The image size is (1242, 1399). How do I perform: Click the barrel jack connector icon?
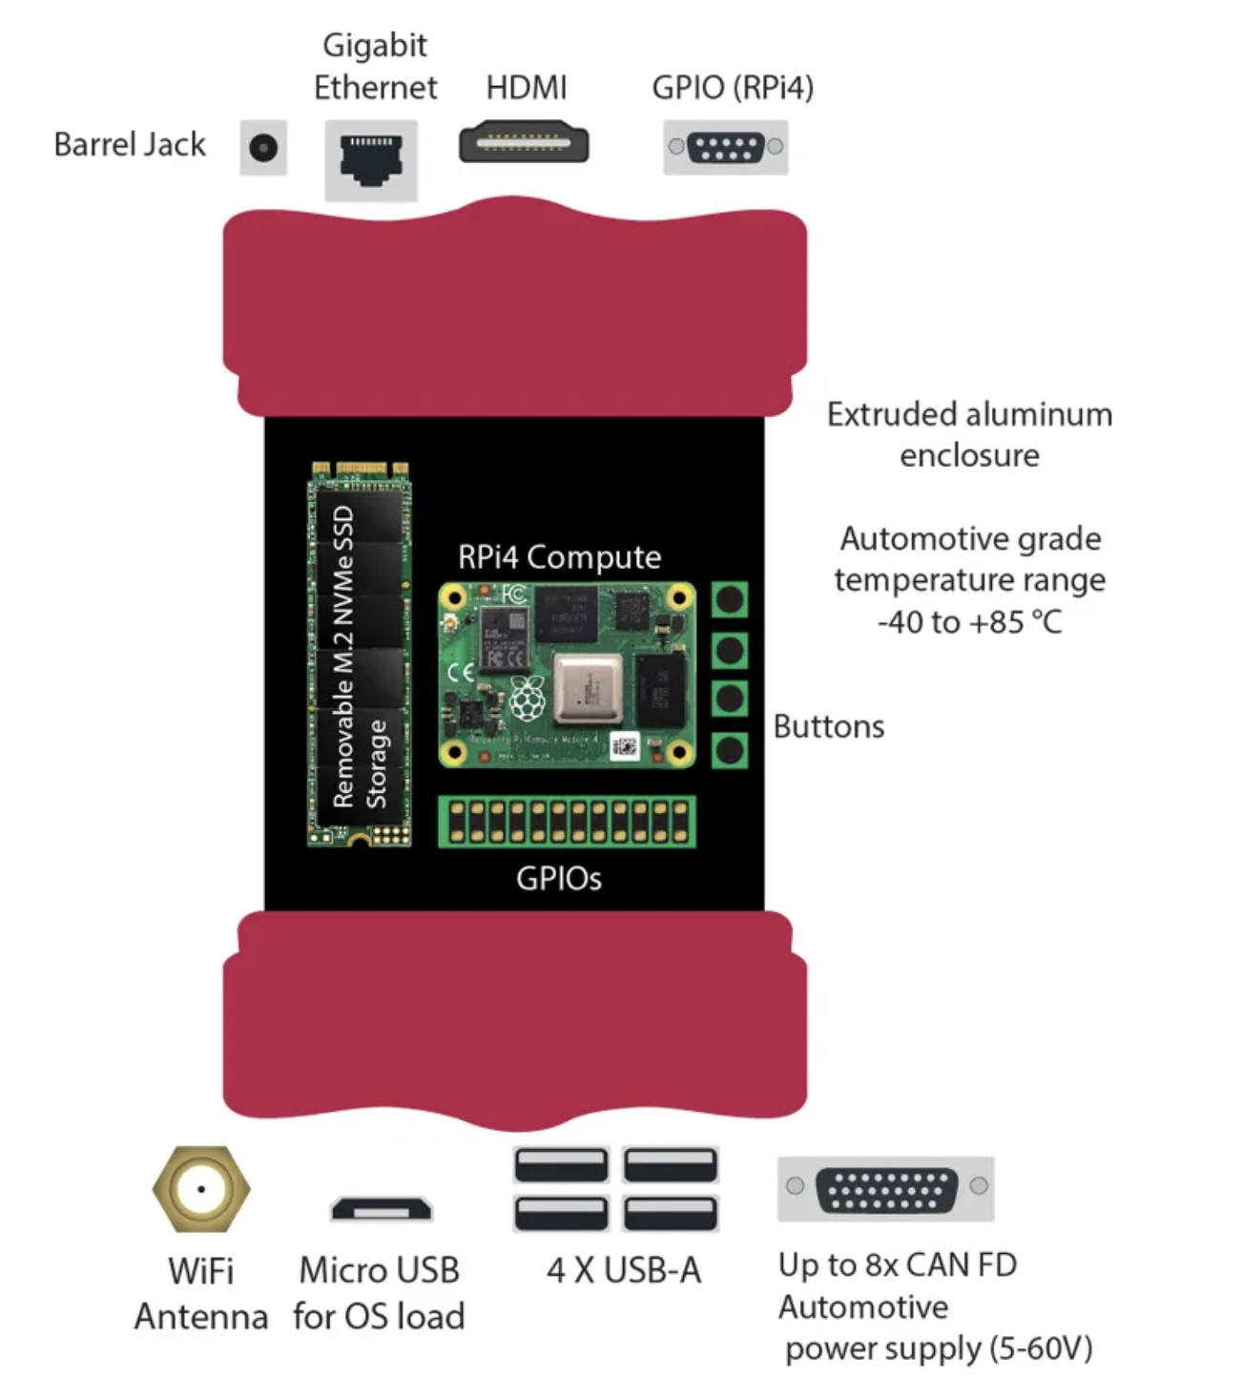pos(263,148)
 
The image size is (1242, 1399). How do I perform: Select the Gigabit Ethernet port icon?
pos(371,158)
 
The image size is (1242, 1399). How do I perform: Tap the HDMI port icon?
pos(524,143)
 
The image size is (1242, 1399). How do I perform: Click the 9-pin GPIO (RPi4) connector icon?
pos(726,147)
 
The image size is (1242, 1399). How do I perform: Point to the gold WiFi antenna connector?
pos(201,1189)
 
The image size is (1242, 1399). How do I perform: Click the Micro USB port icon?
pos(381,1208)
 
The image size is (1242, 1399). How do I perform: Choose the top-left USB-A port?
pos(561,1165)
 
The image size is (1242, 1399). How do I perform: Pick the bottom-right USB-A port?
pos(671,1213)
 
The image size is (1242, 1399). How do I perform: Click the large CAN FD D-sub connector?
pos(886,1189)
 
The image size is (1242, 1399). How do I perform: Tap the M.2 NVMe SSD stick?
pos(360,655)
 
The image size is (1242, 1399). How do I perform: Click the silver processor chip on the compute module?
pos(587,688)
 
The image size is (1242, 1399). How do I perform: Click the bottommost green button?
pos(730,750)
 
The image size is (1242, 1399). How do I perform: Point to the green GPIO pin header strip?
pos(567,822)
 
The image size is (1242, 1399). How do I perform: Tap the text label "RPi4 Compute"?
pos(559,557)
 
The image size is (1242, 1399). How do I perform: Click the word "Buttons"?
pos(828,727)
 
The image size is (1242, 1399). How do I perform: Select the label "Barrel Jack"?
pos(130,144)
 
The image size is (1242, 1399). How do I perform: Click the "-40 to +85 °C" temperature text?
pos(969,622)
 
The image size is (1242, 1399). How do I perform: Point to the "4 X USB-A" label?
pos(624,1270)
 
